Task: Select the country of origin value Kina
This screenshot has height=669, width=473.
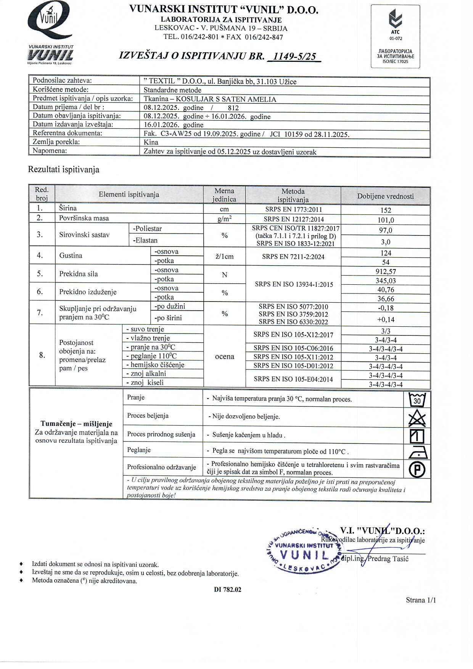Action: click(151, 142)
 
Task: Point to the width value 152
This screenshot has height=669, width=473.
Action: click(386, 210)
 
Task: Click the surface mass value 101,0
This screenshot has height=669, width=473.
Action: click(386, 220)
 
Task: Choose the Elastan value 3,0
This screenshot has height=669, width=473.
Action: click(386, 242)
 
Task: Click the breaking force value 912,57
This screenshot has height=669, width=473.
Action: click(386, 272)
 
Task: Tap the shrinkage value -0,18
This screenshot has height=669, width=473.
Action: click(386, 308)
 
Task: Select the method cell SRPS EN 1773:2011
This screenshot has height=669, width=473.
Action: click(293, 209)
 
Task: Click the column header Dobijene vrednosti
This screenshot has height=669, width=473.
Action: click(385, 196)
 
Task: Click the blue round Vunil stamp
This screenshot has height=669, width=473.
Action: click(303, 550)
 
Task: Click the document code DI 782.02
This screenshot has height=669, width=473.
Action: click(228, 590)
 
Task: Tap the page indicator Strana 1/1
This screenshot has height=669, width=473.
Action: click(420, 600)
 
